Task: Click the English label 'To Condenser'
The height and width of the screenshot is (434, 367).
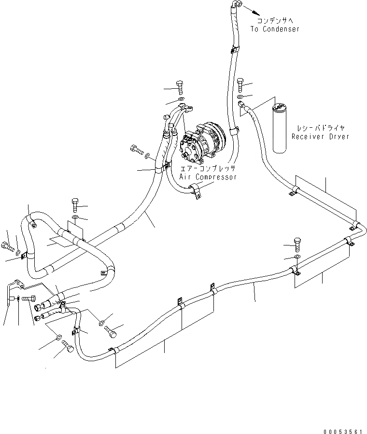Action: (x=275, y=29)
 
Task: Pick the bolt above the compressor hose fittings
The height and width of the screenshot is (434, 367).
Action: (x=180, y=87)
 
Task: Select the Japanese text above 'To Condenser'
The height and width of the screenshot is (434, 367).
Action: (x=274, y=21)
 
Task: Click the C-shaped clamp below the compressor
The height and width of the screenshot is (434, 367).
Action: (x=196, y=192)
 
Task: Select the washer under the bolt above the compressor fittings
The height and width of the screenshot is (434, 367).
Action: (x=181, y=100)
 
